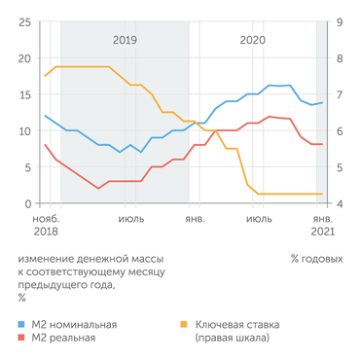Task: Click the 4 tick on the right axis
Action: tap(338, 203)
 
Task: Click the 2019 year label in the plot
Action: tap(126, 40)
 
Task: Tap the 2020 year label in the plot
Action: tap(252, 40)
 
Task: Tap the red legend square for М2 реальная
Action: tap(22, 338)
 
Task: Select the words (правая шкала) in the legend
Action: tap(234, 338)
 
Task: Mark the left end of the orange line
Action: tap(46, 76)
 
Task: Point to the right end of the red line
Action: tap(322, 144)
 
